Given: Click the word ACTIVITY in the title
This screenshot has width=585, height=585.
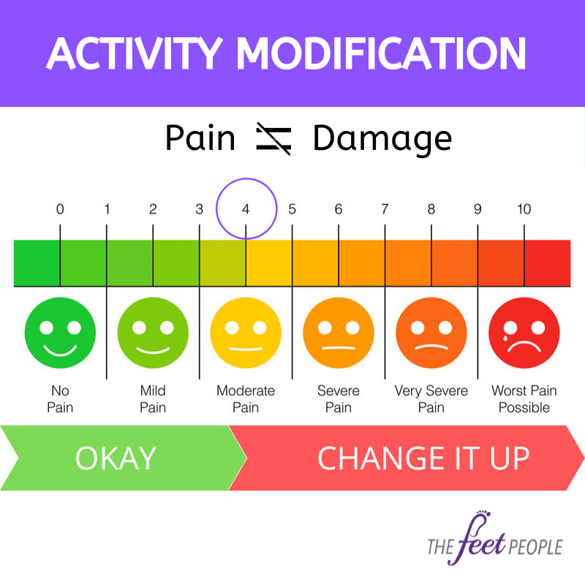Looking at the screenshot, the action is tap(135, 53).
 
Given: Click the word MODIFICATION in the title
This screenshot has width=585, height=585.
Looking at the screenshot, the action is tap(381, 53).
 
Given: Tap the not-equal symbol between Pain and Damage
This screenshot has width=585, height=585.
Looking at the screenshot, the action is tap(273, 138).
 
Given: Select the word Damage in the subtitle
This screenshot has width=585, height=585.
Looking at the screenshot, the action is tap(382, 140).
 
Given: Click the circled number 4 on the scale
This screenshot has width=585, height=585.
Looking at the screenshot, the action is tap(246, 209).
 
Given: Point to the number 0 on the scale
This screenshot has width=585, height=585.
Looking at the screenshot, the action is tap(60, 209).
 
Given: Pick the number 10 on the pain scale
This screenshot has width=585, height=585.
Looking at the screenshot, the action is tap(524, 209).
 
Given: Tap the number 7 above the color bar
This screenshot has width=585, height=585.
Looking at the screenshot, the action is tap(385, 209).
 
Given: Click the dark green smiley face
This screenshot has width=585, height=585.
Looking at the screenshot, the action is tap(60, 333).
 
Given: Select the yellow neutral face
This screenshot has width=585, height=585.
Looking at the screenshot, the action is tap(246, 333).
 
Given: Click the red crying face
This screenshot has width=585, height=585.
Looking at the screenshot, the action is tap(524, 333).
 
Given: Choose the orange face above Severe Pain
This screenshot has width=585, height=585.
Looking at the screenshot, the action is tap(339, 333).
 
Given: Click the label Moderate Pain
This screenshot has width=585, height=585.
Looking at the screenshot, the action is tap(246, 399).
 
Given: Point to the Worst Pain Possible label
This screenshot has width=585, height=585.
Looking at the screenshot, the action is tap(524, 399).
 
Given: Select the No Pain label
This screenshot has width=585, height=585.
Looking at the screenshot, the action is tap(60, 399).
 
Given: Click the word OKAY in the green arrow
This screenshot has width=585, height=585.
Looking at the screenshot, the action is tap(116, 458).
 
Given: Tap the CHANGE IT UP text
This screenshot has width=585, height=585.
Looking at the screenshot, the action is tap(423, 458).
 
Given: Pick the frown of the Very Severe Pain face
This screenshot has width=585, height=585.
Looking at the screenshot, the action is tap(431, 347).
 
